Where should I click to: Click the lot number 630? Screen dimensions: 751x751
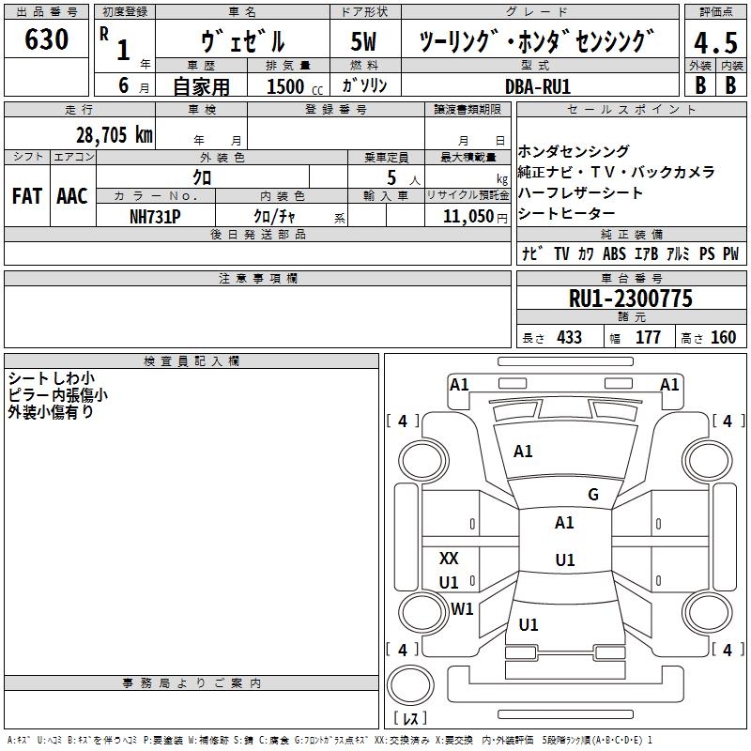pyautogui.click(x=48, y=39)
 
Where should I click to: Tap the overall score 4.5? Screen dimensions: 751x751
pyautogui.click(x=715, y=44)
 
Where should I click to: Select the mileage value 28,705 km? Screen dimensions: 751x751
pyautogui.click(x=114, y=134)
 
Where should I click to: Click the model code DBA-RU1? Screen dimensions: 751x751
pyautogui.click(x=538, y=85)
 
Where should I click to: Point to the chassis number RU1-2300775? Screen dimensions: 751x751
pyautogui.click(x=631, y=299)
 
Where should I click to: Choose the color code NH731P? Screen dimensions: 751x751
pyautogui.click(x=155, y=215)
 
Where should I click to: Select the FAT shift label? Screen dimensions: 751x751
pyautogui.click(x=27, y=195)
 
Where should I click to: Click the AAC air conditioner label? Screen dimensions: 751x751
pyautogui.click(x=72, y=195)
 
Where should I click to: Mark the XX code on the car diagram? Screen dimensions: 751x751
pyautogui.click(x=449, y=559)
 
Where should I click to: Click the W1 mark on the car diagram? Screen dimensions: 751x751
pyautogui.click(x=462, y=609)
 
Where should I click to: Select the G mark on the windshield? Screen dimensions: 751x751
pyautogui.click(x=593, y=495)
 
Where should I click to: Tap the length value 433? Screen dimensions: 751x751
pyautogui.click(x=569, y=337)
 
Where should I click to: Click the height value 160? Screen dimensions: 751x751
pyautogui.click(x=723, y=337)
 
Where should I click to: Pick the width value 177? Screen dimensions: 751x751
pyautogui.click(x=648, y=337)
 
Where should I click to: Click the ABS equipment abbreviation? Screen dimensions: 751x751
pyautogui.click(x=614, y=253)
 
